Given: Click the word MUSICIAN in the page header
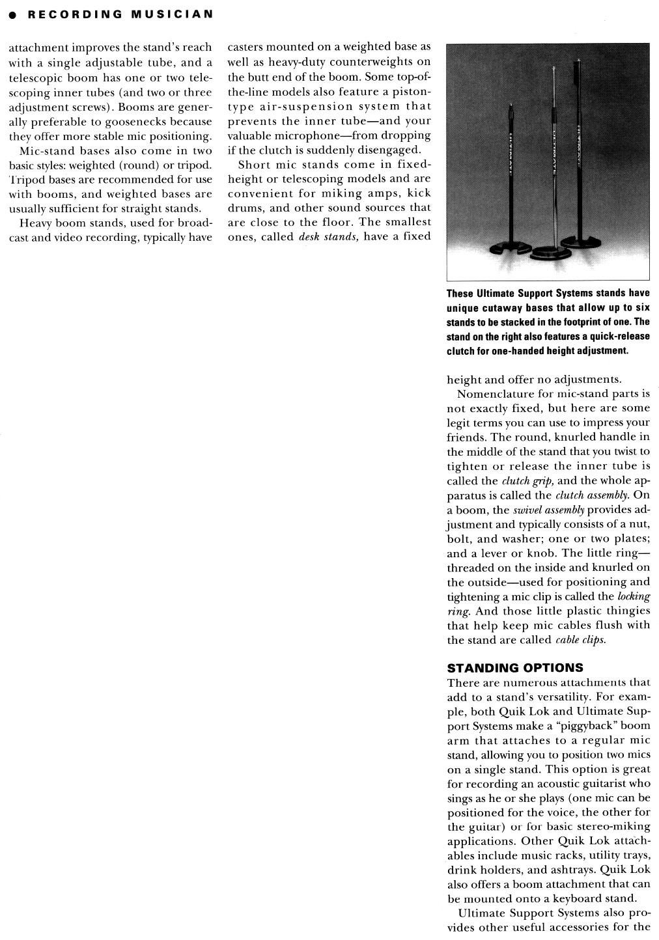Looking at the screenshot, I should (x=172, y=15).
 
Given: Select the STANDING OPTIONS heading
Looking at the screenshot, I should (x=515, y=668).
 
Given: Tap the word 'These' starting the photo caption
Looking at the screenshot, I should (x=460, y=294).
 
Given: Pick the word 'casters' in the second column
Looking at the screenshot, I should (x=245, y=48).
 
